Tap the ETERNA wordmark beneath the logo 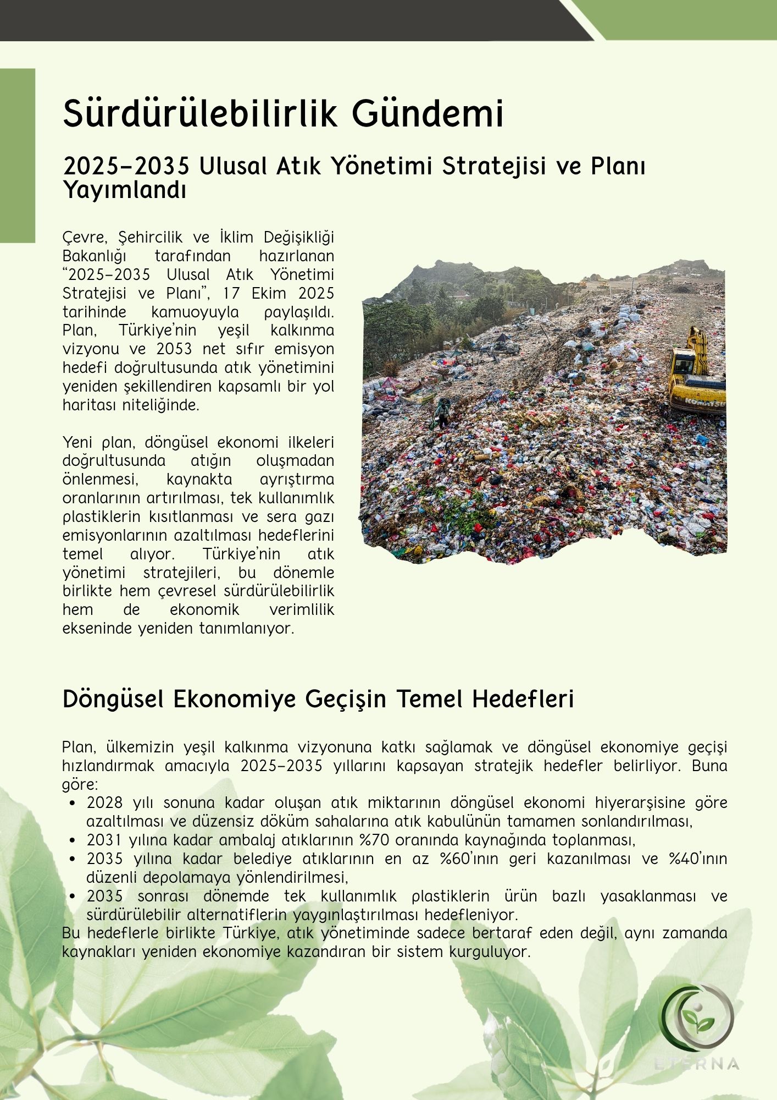coord(697,1064)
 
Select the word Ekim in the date coord(268,293)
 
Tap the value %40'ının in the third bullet coord(698,859)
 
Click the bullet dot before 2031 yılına coord(73,840)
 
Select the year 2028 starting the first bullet coord(104,802)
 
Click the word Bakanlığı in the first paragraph coord(95,256)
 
